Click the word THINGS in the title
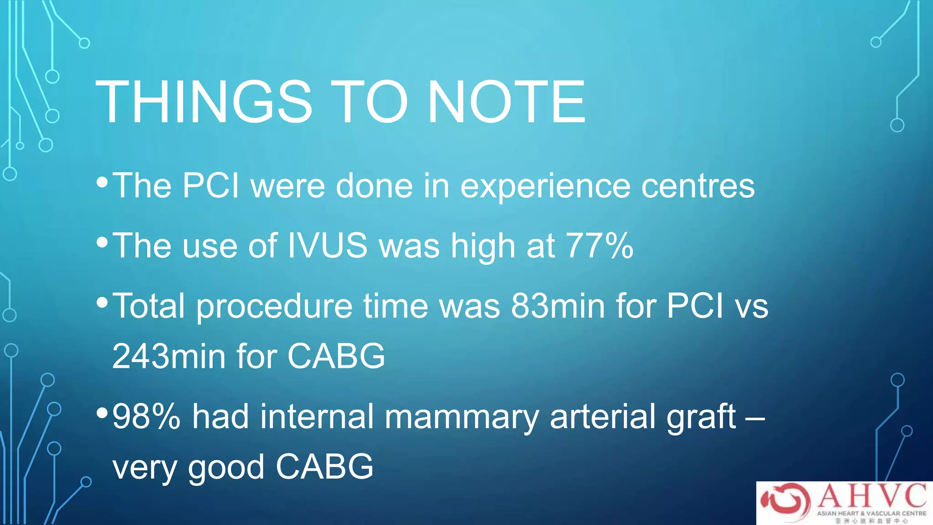(x=204, y=102)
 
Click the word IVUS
(x=327, y=246)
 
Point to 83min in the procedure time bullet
(x=558, y=305)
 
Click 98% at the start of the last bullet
(x=146, y=417)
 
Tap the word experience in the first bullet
(x=545, y=187)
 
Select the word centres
(x=697, y=186)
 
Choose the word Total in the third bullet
(x=149, y=305)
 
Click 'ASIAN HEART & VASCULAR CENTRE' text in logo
(x=871, y=513)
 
